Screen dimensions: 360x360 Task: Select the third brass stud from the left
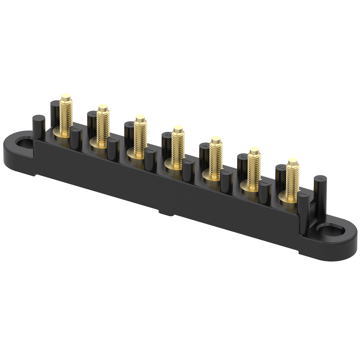(140, 137)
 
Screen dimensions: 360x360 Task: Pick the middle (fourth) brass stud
(177, 148)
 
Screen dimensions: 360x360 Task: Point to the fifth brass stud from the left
(215, 158)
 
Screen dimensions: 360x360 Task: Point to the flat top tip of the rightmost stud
(293, 161)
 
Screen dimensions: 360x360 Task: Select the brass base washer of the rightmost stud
(289, 197)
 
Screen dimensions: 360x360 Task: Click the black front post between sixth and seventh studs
(264, 192)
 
